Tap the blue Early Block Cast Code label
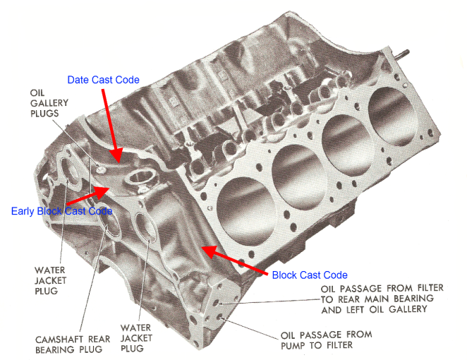[62, 210]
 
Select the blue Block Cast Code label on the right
[310, 275]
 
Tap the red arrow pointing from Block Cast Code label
[233, 259]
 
